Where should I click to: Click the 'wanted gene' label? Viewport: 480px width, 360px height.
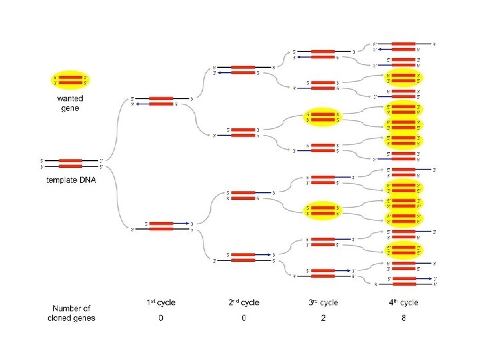pyautogui.click(x=70, y=103)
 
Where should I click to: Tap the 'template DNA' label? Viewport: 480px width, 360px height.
pyautogui.click(x=70, y=180)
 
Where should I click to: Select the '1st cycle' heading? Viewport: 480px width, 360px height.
pyautogui.click(x=161, y=303)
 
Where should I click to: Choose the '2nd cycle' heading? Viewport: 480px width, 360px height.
pyautogui.click(x=243, y=303)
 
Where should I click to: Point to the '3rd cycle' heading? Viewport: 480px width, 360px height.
pyautogui.click(x=323, y=303)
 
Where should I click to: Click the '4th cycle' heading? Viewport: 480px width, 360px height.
pyautogui.click(x=403, y=303)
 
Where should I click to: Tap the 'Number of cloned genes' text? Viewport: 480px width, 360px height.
pyautogui.click(x=71, y=313)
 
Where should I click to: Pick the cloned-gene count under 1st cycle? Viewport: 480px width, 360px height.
pyautogui.click(x=161, y=318)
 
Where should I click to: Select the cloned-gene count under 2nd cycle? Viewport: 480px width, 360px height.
pyautogui.click(x=243, y=318)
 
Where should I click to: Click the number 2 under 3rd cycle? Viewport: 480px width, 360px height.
pyautogui.click(x=323, y=318)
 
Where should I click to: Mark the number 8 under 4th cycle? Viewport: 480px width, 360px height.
pyautogui.click(x=403, y=318)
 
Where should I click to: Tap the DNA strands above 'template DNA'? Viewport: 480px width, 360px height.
pyautogui.click(x=70, y=163)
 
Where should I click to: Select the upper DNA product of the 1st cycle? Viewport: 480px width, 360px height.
pyautogui.click(x=161, y=101)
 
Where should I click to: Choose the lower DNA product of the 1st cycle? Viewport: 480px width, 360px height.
pyautogui.click(x=161, y=226)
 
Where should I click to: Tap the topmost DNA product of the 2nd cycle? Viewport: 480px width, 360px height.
pyautogui.click(x=243, y=69)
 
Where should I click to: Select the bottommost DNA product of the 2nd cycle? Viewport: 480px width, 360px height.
pyautogui.click(x=243, y=257)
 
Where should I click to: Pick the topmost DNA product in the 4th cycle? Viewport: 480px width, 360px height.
pyautogui.click(x=403, y=46)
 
